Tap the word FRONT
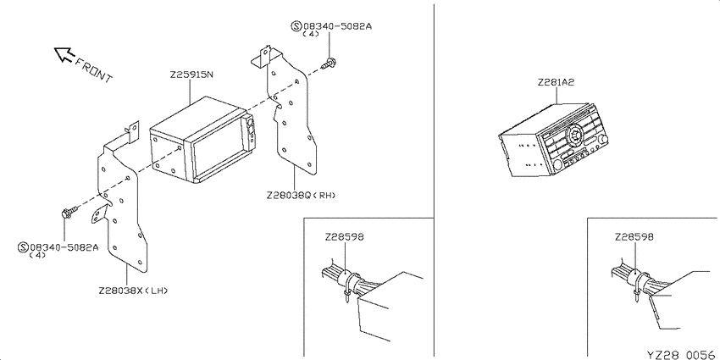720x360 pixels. point(93,70)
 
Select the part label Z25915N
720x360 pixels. point(191,75)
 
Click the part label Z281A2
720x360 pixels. point(556,83)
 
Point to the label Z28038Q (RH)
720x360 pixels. point(301,195)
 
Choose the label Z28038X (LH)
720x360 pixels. point(133,291)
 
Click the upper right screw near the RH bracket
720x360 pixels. point(328,64)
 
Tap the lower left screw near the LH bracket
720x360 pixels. point(69,212)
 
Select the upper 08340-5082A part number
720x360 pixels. point(337,26)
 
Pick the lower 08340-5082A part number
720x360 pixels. point(64,247)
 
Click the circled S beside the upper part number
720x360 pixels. point(296,25)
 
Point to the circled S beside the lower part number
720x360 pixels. point(24,247)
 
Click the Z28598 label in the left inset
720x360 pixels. point(344,237)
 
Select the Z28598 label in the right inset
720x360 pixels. point(634,237)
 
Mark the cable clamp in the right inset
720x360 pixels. point(639,285)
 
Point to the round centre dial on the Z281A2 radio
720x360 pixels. point(574,135)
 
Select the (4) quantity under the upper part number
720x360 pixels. point(314,35)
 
